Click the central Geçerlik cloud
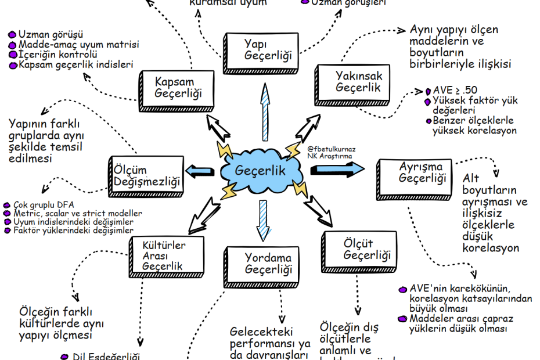(x=261, y=170)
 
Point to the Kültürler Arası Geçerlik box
(x=164, y=255)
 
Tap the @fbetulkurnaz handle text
(x=332, y=149)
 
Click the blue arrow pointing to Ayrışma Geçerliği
(x=337, y=169)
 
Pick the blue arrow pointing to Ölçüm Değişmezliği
(x=200, y=171)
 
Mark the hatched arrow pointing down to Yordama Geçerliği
(x=264, y=221)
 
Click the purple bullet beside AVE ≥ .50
(x=428, y=91)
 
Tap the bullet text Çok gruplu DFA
(x=43, y=205)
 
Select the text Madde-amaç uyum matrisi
(x=78, y=44)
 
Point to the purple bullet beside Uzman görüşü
(x=12, y=34)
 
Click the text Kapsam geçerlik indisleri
(x=76, y=64)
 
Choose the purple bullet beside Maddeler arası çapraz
(x=402, y=318)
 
